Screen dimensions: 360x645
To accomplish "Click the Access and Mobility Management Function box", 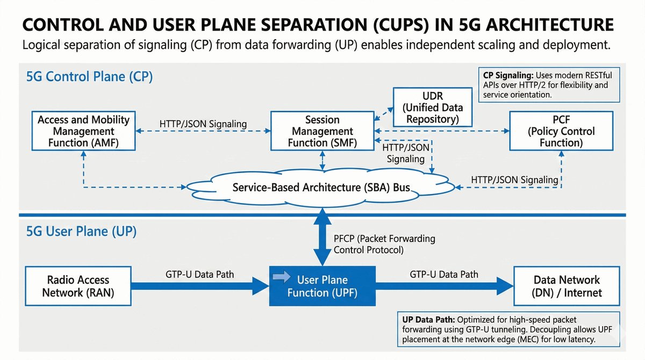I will (83, 131).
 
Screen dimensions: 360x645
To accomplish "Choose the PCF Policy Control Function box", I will (562, 131).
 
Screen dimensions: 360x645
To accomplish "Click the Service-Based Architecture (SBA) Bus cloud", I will (321, 188).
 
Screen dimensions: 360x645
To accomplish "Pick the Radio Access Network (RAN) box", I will (78, 286).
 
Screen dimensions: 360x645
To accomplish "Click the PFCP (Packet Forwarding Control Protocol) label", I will (384, 243).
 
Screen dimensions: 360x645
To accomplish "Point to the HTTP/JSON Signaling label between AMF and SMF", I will (203, 124).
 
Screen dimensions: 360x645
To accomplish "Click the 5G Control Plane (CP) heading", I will (89, 77).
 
